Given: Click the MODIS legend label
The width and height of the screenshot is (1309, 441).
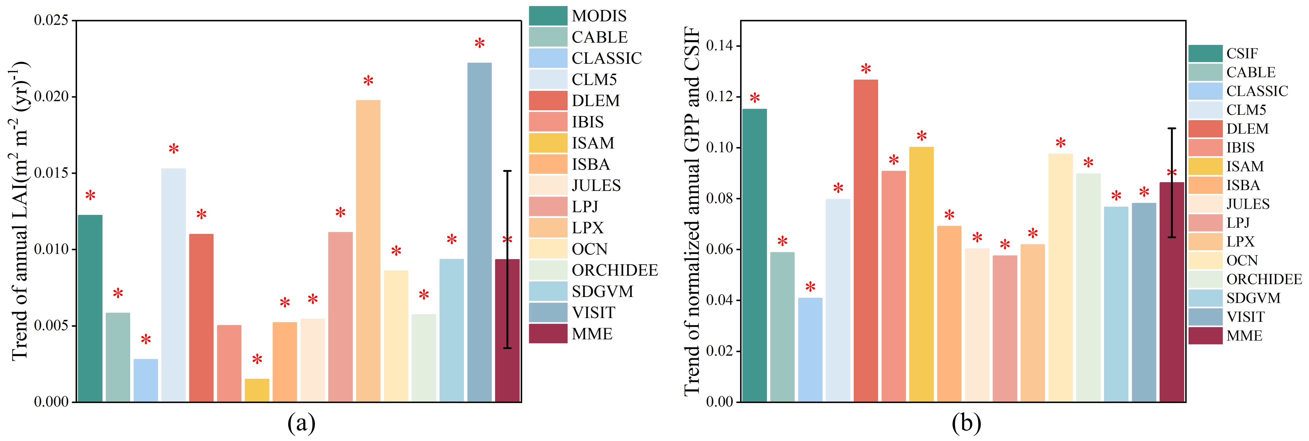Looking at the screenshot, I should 599,16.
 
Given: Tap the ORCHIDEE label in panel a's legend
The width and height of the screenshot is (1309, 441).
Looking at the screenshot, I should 615,270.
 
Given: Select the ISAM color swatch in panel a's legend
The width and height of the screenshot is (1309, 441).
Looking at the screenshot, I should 548,143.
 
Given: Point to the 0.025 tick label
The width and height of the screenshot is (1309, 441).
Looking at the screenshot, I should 51,20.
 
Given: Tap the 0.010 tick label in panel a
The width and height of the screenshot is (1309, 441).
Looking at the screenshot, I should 51,249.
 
